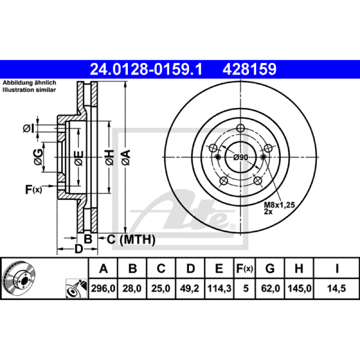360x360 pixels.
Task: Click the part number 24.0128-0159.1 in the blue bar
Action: [146, 69]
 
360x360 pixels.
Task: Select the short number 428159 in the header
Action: [249, 69]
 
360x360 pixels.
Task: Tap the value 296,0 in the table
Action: [103, 288]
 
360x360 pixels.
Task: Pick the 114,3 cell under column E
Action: [219, 288]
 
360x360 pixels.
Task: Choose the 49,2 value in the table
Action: [189, 288]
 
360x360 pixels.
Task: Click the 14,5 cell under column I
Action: [336, 288]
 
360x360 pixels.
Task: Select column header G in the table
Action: [270, 268]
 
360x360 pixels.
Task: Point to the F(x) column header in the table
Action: [244, 268]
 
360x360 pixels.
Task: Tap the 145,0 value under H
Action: [299, 288]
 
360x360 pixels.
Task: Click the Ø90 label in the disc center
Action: [241, 157]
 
